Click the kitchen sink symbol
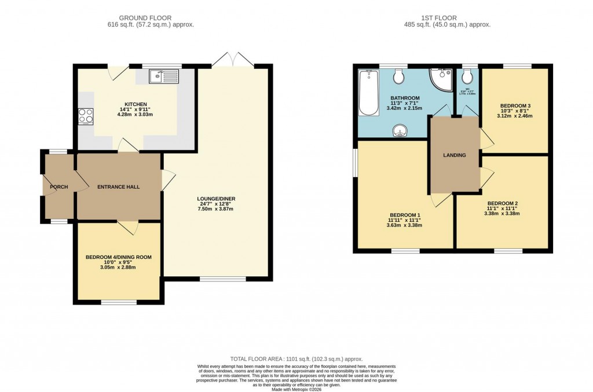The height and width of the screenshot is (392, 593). (164, 76)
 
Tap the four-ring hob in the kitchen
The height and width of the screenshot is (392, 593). (86, 116)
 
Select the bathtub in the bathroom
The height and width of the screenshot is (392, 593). (368, 93)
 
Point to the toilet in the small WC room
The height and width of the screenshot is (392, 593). (468, 77)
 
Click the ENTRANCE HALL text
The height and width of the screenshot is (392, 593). (118, 187)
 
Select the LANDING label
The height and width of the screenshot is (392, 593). (454, 155)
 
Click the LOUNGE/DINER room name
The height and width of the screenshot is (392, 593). (215, 199)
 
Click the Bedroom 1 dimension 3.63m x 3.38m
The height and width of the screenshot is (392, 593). (405, 225)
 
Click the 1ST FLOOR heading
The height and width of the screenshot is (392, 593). (446, 18)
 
